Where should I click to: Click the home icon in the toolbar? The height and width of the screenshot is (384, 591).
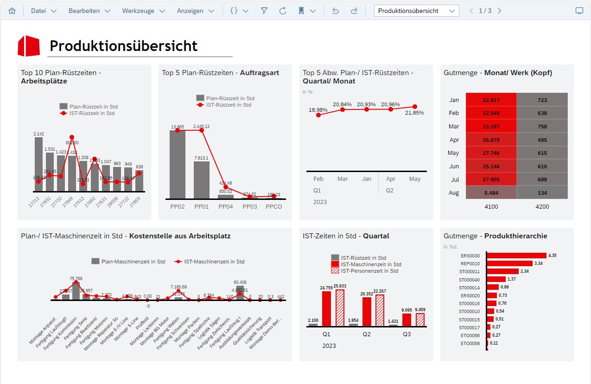(x=12, y=11)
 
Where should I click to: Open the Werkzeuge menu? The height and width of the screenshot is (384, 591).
(x=143, y=11)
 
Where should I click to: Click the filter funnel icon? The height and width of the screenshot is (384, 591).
(x=264, y=11)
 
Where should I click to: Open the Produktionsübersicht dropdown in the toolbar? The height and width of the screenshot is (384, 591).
(x=416, y=11)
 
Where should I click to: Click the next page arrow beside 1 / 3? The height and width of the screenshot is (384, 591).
(x=499, y=11)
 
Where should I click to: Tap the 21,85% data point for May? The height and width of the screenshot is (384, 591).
(x=415, y=107)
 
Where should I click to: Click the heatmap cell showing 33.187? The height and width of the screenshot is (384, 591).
(x=491, y=127)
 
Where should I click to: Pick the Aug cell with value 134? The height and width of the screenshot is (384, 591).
(x=542, y=192)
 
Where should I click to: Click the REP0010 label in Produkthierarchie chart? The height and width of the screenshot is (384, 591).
(x=470, y=263)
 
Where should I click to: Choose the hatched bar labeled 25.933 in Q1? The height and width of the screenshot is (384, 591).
(x=340, y=308)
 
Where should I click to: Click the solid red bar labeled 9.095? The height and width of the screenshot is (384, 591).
(x=407, y=320)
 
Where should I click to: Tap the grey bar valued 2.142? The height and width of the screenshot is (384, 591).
(x=38, y=164)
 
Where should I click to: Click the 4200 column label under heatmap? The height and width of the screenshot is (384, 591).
(x=542, y=207)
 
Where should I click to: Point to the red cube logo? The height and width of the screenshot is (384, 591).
(x=29, y=45)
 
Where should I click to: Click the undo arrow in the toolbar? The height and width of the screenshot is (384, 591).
(x=336, y=11)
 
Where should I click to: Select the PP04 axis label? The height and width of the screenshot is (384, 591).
(x=226, y=206)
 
